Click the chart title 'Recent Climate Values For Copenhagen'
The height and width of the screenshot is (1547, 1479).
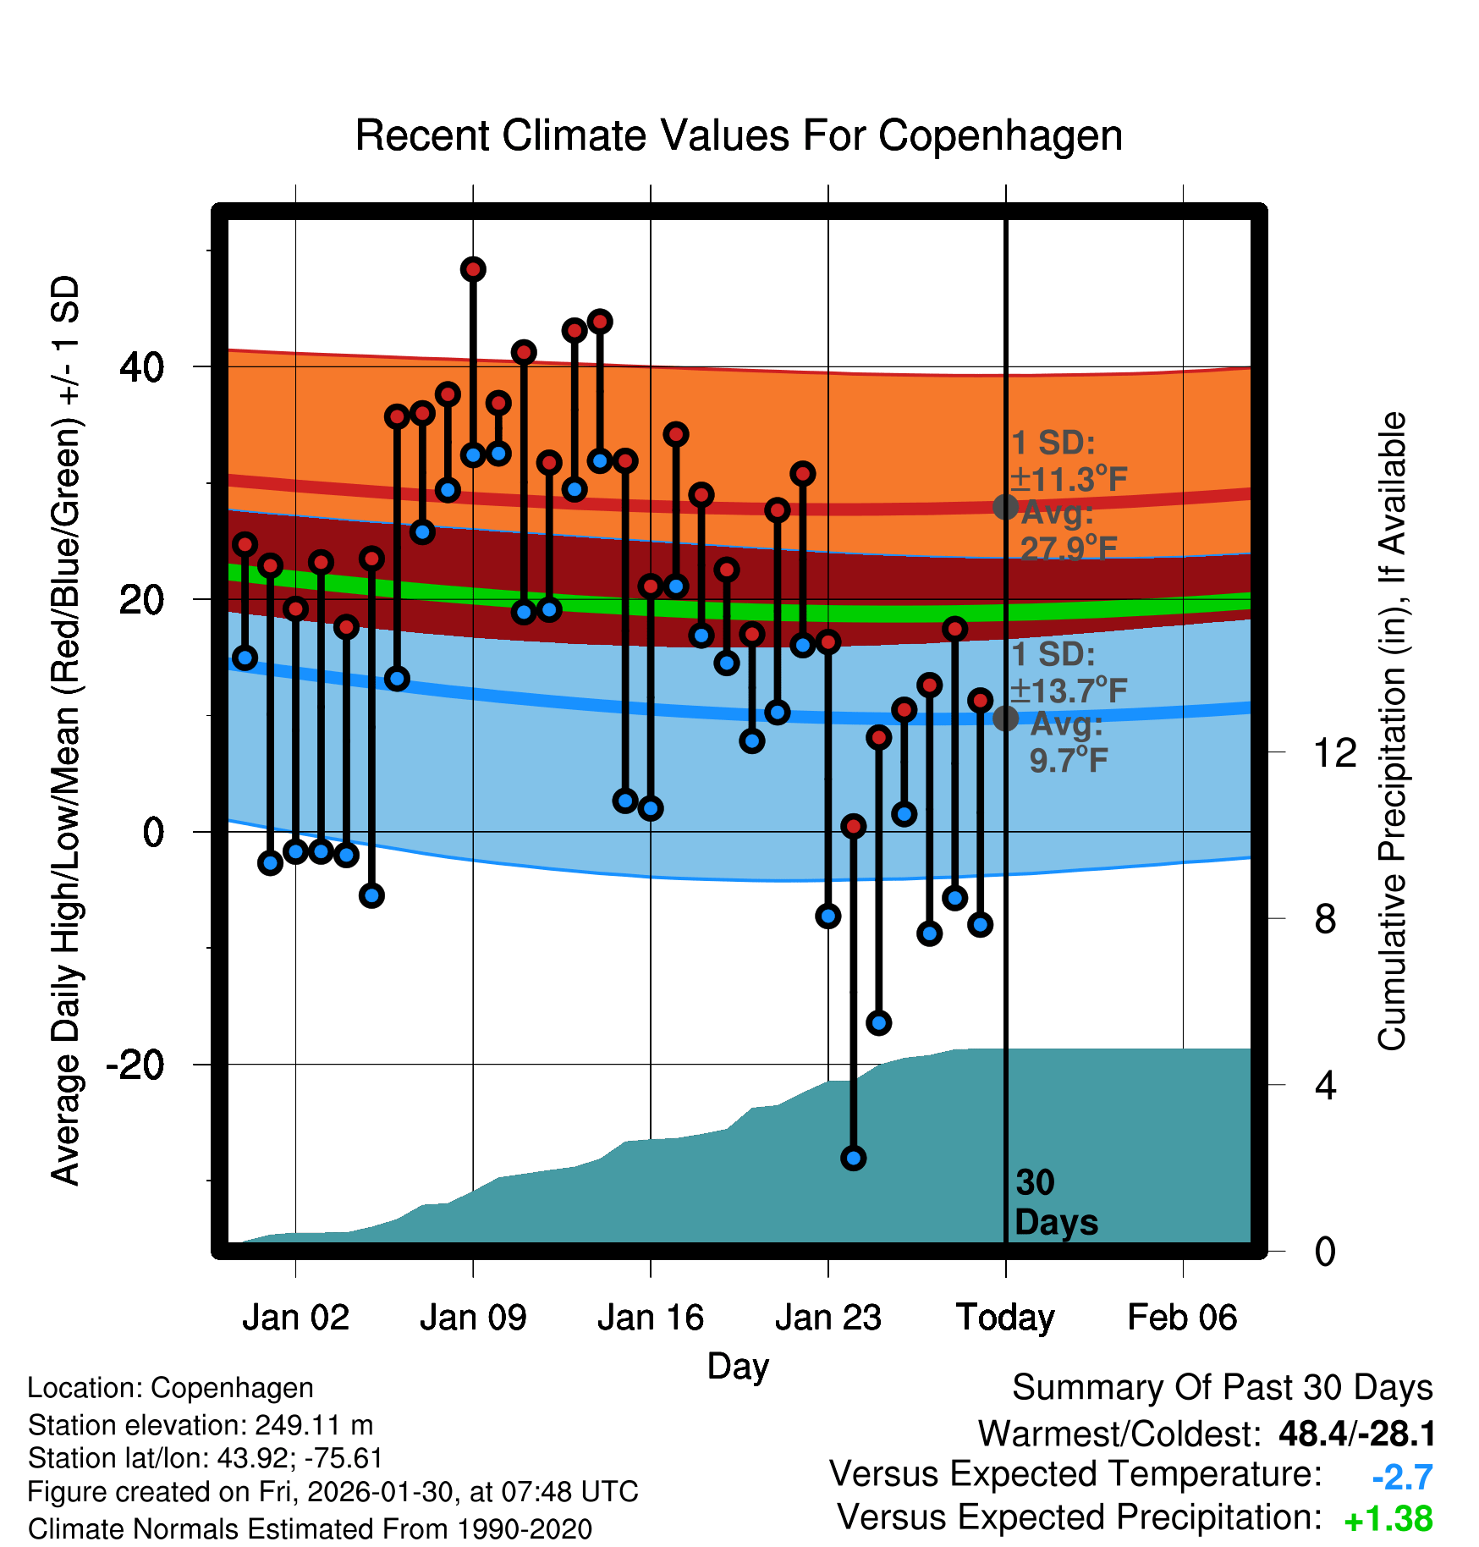pyautogui.click(x=739, y=135)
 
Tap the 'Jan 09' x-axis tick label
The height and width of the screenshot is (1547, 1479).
pyautogui.click(x=473, y=1318)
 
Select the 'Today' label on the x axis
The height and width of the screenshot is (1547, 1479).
pyautogui.click(x=1005, y=1318)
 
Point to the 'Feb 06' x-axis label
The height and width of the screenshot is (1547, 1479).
pyautogui.click(x=1182, y=1318)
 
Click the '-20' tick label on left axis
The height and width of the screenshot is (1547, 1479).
pyautogui.click(x=135, y=1065)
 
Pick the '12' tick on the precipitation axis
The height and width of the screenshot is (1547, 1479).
pyautogui.click(x=1335, y=752)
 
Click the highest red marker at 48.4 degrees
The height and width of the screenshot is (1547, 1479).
pyautogui.click(x=473, y=269)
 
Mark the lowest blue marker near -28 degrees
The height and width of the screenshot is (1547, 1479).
pyautogui.click(x=853, y=1158)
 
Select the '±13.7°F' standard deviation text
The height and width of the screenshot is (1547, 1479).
pyautogui.click(x=1069, y=691)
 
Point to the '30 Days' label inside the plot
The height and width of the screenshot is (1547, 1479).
pyautogui.click(x=1055, y=1203)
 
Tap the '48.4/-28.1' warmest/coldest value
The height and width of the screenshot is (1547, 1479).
pyautogui.click(x=1356, y=1434)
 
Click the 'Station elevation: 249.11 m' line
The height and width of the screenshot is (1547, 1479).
pyautogui.click(x=201, y=1425)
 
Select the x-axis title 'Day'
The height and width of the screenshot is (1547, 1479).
pyautogui.click(x=738, y=1366)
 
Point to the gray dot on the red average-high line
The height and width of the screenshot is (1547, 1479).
pyautogui.click(x=1005, y=507)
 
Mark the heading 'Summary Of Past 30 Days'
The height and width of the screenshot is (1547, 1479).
pyautogui.click(x=1222, y=1388)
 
